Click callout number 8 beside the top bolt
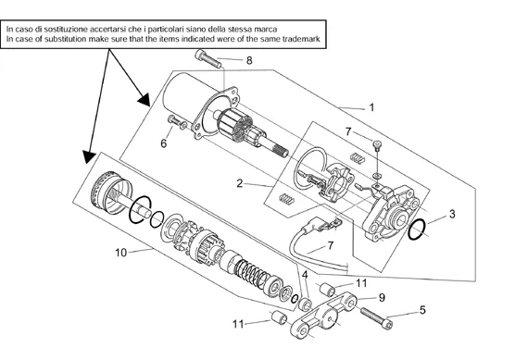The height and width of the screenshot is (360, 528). pos(249,60)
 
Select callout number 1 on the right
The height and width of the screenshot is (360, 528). pos(371,107)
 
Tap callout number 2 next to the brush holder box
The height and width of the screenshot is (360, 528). pos(239,183)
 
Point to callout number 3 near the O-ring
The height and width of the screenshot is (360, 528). pos(452,214)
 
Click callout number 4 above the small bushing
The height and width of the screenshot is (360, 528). pos(305,275)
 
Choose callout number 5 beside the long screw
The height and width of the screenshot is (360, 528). pos(422,310)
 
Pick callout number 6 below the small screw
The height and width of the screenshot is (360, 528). pos(164,143)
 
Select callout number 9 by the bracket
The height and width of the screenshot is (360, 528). pos(382,298)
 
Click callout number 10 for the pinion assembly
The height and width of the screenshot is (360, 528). pos(121,253)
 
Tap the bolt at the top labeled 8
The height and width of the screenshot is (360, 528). pos(208,59)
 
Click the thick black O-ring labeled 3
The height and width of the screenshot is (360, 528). pos(417,230)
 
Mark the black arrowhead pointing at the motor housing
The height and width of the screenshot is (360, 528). pos(145,100)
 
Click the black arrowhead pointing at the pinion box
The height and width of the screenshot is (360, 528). pos(89,156)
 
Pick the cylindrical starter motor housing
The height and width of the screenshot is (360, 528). pos(190,97)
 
